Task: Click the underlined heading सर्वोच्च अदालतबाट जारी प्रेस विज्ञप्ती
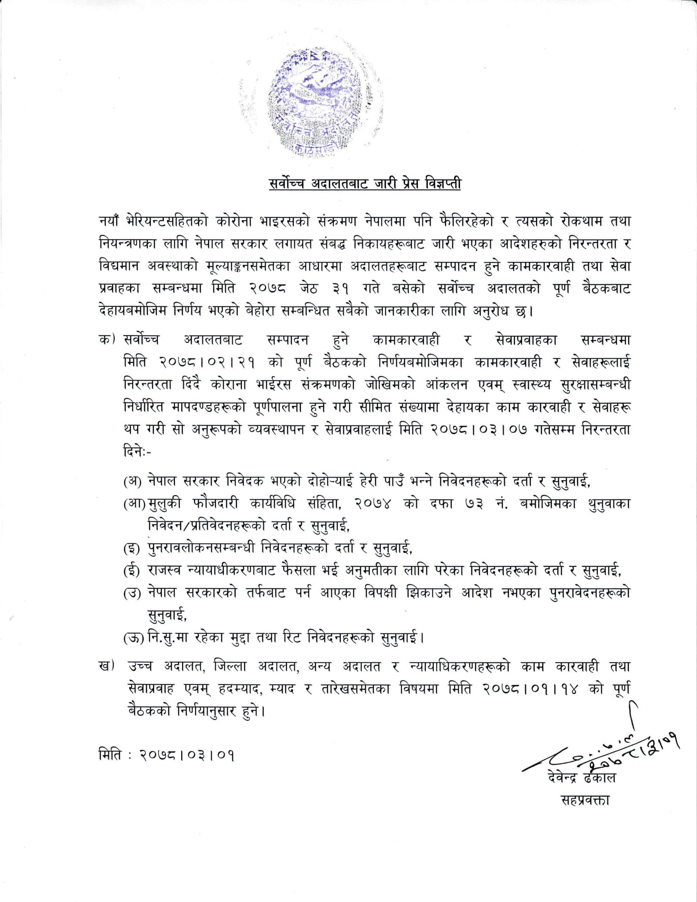(x=365, y=184)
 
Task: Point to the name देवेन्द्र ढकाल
(x=582, y=777)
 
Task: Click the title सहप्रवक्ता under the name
(x=585, y=800)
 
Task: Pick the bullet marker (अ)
(x=132, y=481)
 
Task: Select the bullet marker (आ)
(x=134, y=504)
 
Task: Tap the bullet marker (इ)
(x=132, y=548)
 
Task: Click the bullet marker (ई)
(x=132, y=571)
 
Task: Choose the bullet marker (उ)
(x=132, y=593)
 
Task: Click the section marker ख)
(x=107, y=666)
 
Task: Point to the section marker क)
(x=107, y=339)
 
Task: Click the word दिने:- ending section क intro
(x=137, y=452)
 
